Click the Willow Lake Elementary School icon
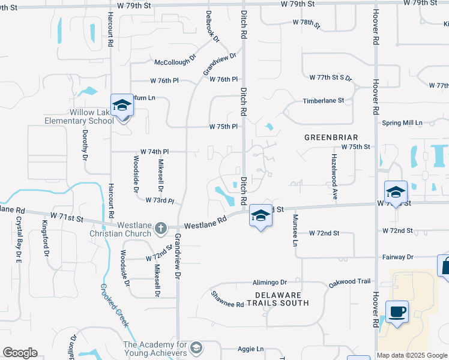point(122,105)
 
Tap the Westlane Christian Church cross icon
point(160,228)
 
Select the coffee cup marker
point(397,312)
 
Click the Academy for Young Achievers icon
point(196,348)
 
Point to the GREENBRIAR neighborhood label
point(331,137)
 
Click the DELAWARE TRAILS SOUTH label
point(282,299)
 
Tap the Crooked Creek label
point(114,305)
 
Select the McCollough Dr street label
point(175,62)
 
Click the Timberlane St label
point(324,101)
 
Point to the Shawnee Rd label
point(228,299)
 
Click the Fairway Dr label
point(397,257)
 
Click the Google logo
point(20,353)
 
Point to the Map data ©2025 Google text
point(412,355)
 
